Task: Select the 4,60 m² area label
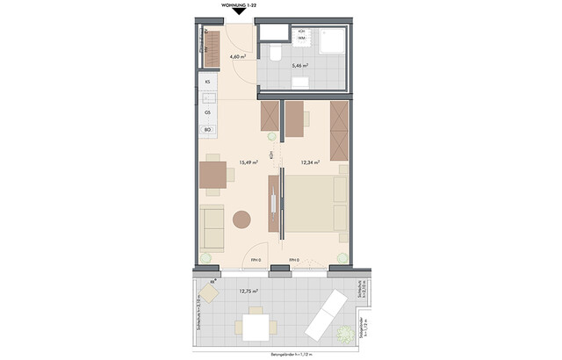click(x=237, y=57)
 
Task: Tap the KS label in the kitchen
click(x=208, y=82)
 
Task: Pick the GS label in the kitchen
click(x=208, y=112)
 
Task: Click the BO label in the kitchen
click(x=208, y=131)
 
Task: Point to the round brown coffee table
click(x=241, y=218)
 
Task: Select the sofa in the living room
click(x=212, y=227)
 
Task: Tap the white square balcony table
click(x=256, y=328)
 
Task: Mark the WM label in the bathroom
click(x=301, y=39)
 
